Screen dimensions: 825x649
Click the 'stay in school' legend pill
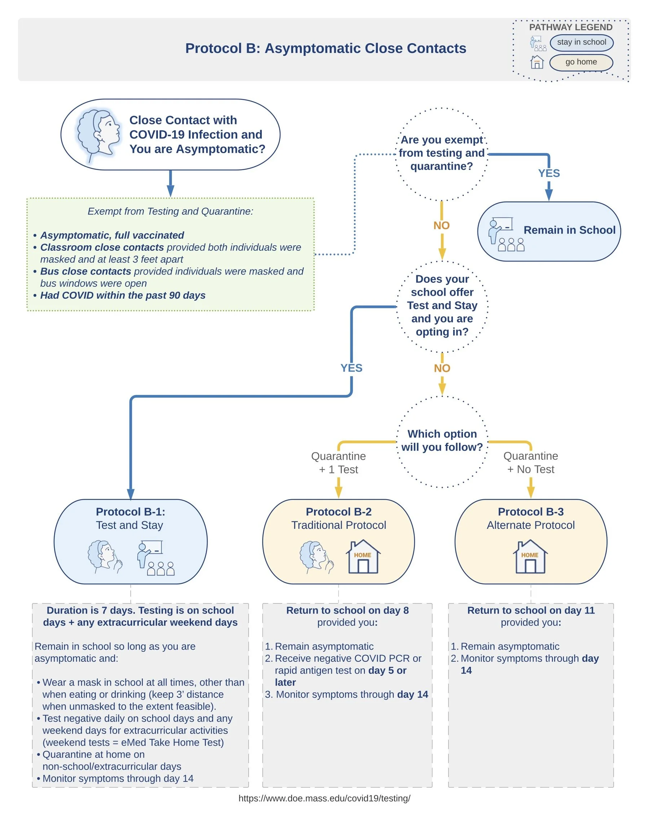(x=581, y=42)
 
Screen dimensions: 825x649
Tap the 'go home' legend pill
(x=581, y=62)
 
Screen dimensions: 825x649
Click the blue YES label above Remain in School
(x=549, y=173)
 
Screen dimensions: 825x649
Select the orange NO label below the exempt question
(x=442, y=226)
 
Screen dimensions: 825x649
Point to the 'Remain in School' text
(x=569, y=230)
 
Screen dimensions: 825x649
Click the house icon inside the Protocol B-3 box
(x=530, y=557)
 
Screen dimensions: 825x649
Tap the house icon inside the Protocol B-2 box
(x=363, y=557)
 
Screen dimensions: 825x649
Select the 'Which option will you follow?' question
(x=442, y=440)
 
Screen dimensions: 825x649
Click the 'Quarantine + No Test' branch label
(x=530, y=463)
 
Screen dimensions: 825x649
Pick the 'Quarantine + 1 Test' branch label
(x=338, y=463)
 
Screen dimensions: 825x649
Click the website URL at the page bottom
(x=324, y=798)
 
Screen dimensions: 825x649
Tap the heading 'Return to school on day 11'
(x=530, y=610)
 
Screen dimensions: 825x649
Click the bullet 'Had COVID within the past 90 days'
(x=122, y=295)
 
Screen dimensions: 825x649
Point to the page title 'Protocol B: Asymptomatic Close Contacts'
(x=325, y=49)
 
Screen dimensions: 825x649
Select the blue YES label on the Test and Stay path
(x=351, y=368)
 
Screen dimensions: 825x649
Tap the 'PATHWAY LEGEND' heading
(x=570, y=27)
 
